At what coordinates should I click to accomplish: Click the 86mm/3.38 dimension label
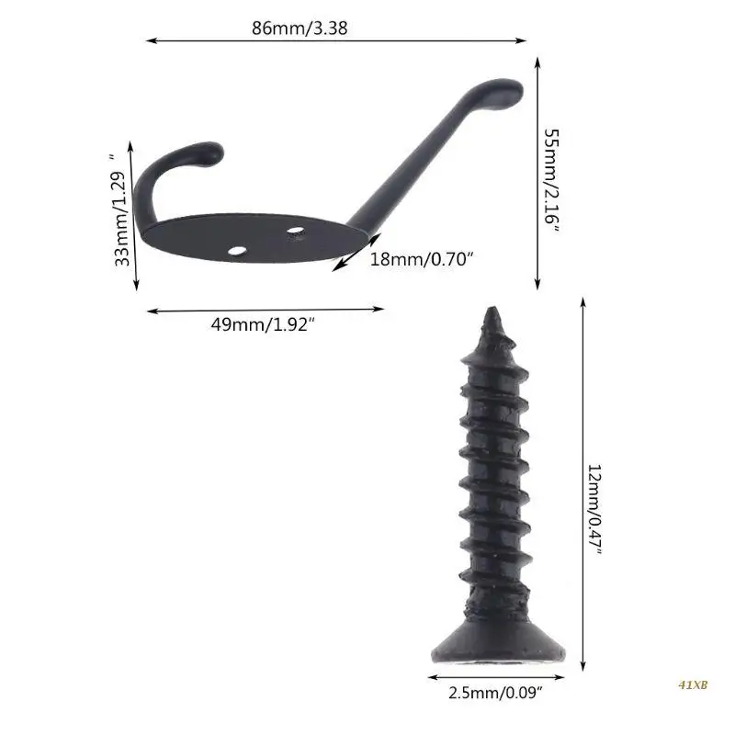pos(300,28)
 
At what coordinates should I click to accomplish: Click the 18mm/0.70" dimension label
pos(422,259)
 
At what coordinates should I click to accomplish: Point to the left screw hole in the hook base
pos(238,249)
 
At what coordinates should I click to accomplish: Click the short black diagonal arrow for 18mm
pos(349,253)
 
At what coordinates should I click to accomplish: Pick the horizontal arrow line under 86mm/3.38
pos(336,40)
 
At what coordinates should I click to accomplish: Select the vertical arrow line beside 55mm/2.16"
pos(537,175)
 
